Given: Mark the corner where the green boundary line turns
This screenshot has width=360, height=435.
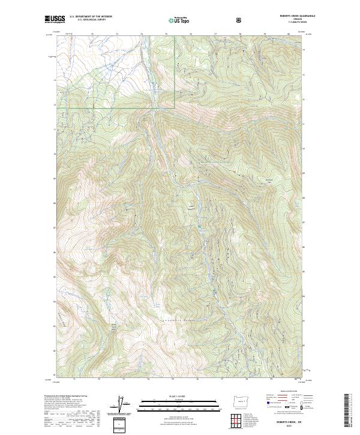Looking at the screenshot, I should point(175,107).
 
